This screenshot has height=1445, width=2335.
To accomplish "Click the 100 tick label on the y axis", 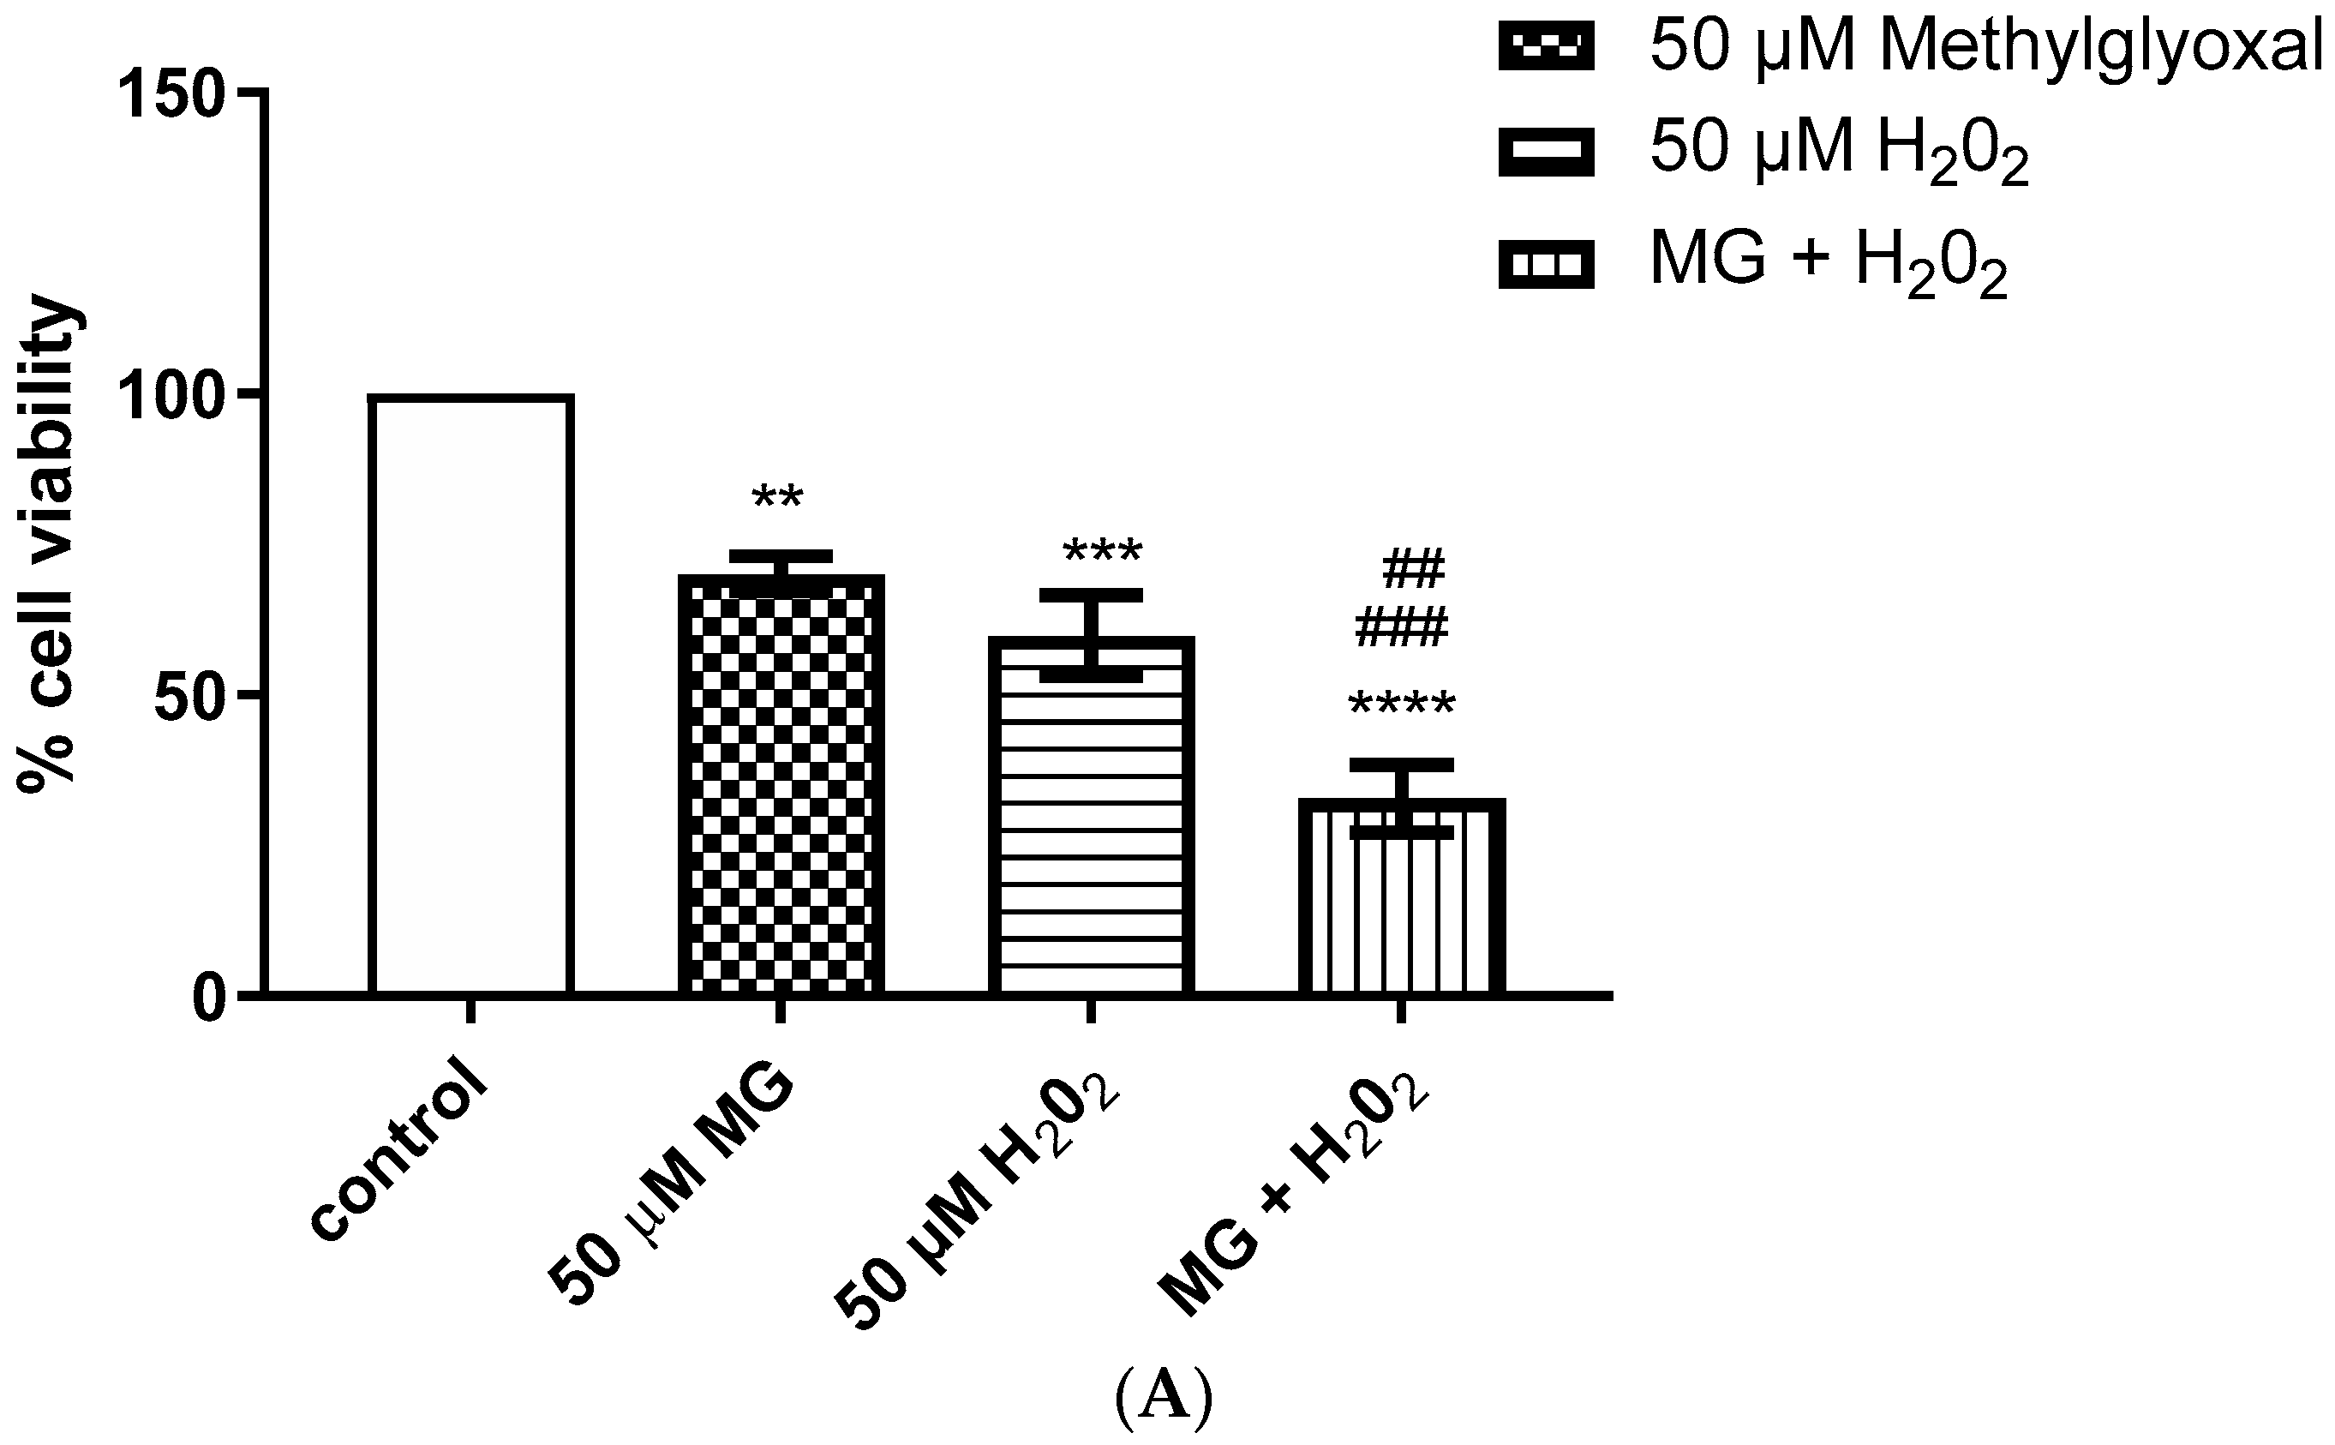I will click(172, 396).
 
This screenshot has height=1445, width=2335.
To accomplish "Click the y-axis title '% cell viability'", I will click(48, 545).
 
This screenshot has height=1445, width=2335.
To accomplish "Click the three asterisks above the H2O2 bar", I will click(1102, 553).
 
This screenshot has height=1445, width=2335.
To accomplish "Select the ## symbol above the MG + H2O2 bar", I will click(1414, 571).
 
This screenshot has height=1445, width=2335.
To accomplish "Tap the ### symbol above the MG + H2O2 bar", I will click(1402, 628).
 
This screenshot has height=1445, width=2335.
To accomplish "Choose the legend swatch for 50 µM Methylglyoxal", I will click(1545, 47).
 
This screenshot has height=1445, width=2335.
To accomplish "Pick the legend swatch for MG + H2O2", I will click(1545, 264).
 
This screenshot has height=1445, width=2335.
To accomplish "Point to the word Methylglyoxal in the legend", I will click(2101, 48).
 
